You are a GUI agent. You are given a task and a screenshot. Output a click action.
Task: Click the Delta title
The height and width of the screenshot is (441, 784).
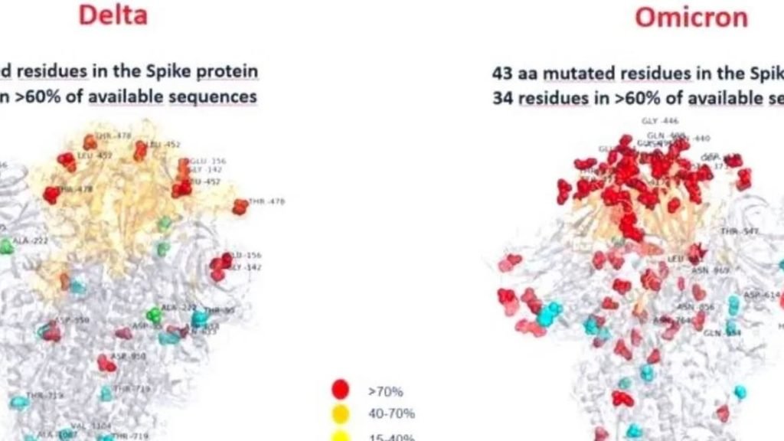(113, 14)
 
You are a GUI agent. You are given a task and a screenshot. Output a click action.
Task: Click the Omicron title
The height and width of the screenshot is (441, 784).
(691, 16)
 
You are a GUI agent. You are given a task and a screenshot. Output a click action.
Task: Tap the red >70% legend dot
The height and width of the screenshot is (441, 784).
(340, 390)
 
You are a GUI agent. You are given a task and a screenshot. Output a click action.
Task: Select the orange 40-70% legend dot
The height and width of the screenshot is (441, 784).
(340, 414)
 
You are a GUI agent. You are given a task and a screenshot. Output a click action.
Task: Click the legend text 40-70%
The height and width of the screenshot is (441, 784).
(391, 414)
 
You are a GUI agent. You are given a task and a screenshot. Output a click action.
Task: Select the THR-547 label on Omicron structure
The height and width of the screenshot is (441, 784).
(738, 230)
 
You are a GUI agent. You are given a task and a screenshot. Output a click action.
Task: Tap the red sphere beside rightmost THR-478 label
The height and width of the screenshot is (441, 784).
(240, 206)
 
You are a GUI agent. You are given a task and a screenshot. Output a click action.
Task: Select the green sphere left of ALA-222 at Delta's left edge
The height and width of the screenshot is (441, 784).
(5, 246)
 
